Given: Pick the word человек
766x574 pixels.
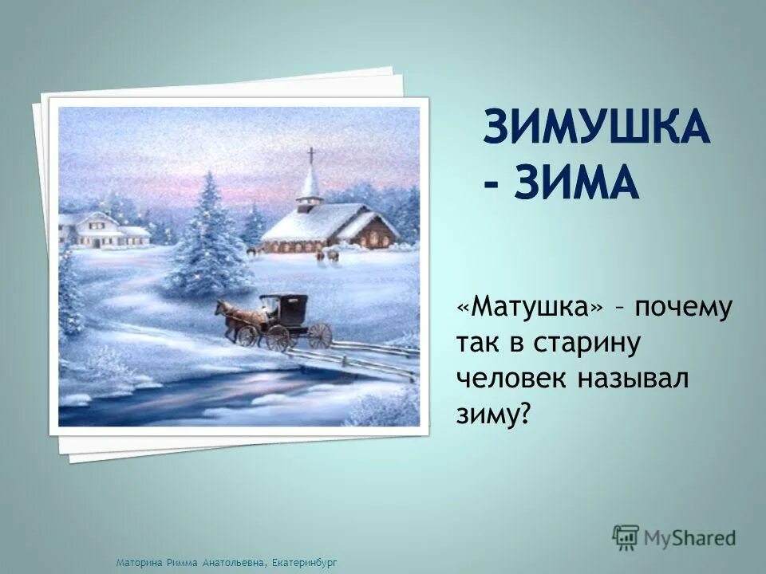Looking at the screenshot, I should click(511, 379).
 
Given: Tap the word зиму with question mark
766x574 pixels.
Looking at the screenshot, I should click(493, 415).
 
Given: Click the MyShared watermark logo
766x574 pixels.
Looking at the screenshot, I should click(674, 537).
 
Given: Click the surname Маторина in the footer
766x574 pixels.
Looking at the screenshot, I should click(138, 563).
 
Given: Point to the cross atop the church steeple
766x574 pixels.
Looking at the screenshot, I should click(311, 155).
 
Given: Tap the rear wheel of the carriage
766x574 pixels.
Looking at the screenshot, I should click(320, 335).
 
